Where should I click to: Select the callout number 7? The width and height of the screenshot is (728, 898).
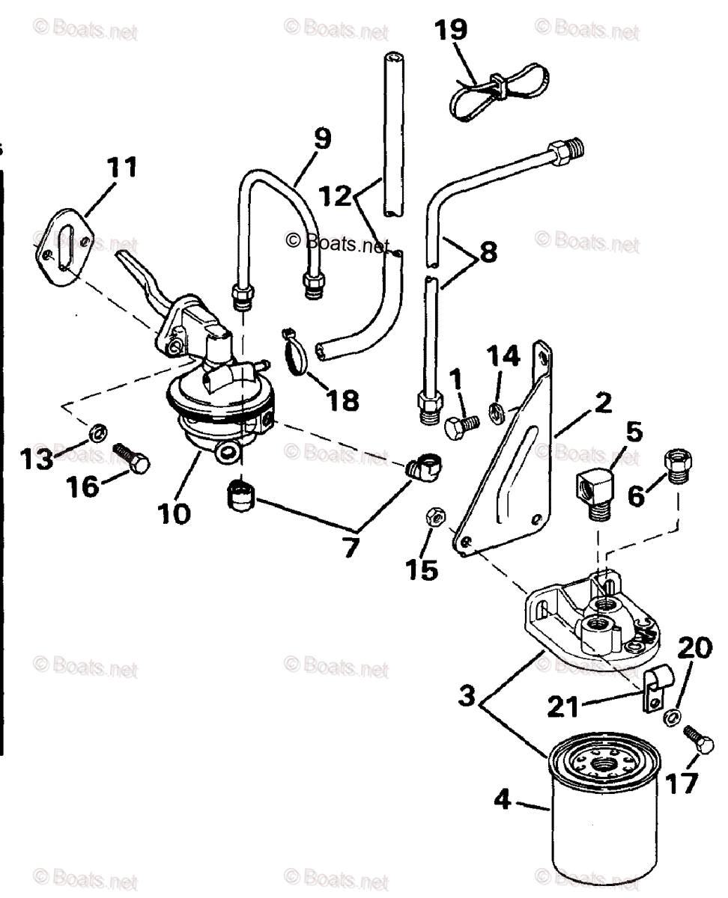350,549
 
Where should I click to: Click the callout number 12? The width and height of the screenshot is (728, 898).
334,196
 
